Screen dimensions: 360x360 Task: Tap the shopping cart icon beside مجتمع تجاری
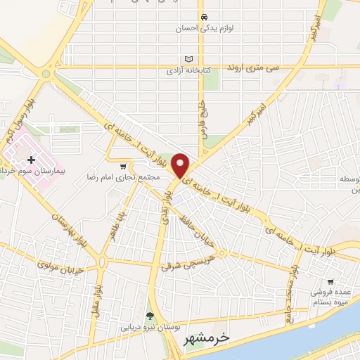coord(124,167)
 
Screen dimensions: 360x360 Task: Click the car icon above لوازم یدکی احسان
coord(202,17)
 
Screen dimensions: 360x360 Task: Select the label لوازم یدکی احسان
coord(202,29)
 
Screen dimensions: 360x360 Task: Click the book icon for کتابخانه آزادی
coord(187,59)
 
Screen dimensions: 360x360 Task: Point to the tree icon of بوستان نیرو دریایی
coord(149,316)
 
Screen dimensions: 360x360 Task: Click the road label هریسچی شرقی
coord(184,261)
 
